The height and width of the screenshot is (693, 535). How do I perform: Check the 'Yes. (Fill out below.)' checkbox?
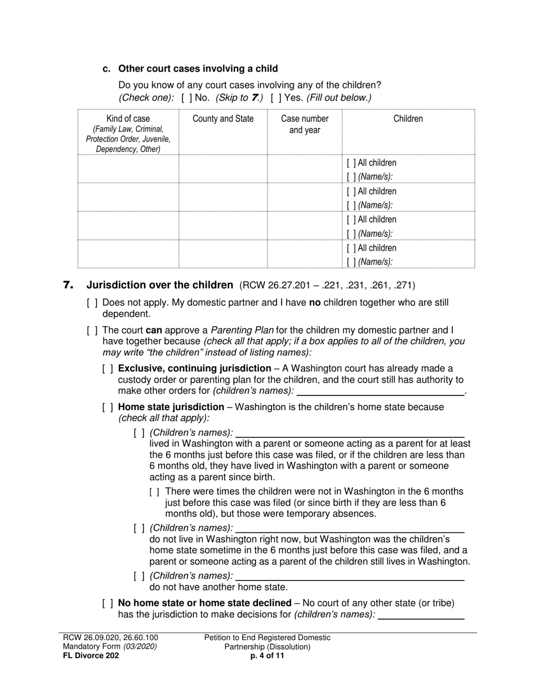tap(274, 97)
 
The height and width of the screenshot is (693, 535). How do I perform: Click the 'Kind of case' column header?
tap(128, 118)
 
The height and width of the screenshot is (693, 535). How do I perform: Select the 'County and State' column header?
tap(223, 118)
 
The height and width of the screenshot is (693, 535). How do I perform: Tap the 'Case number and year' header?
tap(305, 124)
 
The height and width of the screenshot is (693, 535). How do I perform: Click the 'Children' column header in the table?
tap(408, 118)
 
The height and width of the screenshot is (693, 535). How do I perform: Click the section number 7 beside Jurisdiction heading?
tap(68, 285)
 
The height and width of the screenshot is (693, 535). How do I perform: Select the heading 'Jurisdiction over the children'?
tap(159, 285)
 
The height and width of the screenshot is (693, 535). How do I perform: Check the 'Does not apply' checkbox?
tap(92, 303)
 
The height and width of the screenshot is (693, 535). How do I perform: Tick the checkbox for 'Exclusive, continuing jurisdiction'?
tap(108, 368)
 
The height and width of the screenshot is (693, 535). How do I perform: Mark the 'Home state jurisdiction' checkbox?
tap(108, 407)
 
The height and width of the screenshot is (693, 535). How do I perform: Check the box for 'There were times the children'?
tap(155, 491)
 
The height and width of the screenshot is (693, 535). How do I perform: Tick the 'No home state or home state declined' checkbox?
tap(108, 603)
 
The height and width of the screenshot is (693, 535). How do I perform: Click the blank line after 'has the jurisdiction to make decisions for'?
tap(421, 615)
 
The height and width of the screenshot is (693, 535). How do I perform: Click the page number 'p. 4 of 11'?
tap(267, 655)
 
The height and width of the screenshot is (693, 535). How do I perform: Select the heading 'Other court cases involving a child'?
tap(198, 69)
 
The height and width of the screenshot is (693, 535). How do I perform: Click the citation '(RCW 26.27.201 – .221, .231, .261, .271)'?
tap(328, 286)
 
